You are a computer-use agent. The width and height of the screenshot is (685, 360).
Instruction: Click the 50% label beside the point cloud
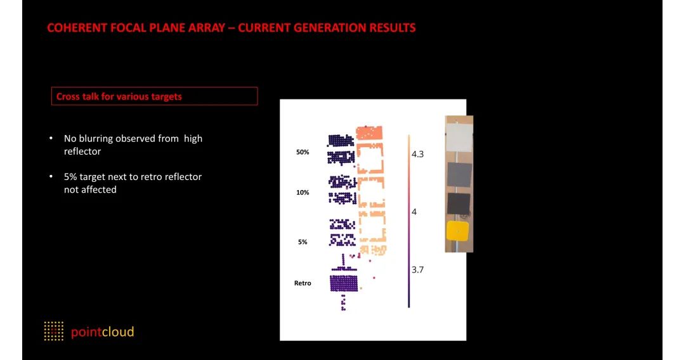303,152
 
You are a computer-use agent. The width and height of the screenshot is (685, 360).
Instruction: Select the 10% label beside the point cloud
303,193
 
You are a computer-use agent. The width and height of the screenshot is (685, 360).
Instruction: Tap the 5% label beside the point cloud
303,241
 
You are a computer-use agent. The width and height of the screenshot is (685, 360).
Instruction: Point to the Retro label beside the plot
303,283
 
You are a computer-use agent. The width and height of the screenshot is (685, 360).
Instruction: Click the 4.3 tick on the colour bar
417,154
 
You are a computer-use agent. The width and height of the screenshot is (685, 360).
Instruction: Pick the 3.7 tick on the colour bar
417,269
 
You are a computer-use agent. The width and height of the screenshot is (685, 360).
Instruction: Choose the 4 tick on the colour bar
414,212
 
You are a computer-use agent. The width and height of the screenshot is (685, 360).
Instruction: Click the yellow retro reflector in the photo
457,231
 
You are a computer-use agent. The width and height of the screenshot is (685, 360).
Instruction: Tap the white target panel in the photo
459,136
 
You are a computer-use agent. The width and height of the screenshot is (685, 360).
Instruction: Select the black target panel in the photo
459,204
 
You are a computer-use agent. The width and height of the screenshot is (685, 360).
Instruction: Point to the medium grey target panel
459,174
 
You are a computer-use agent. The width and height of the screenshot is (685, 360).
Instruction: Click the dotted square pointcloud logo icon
54,331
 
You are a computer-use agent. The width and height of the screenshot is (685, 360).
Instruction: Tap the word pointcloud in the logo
102,332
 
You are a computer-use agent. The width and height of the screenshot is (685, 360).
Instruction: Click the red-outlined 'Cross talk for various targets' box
154,96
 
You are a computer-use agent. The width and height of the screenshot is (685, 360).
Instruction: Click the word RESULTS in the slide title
393,28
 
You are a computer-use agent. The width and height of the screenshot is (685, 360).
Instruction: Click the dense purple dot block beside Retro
344,283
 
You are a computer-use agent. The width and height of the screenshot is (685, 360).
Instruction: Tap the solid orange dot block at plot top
369,132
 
